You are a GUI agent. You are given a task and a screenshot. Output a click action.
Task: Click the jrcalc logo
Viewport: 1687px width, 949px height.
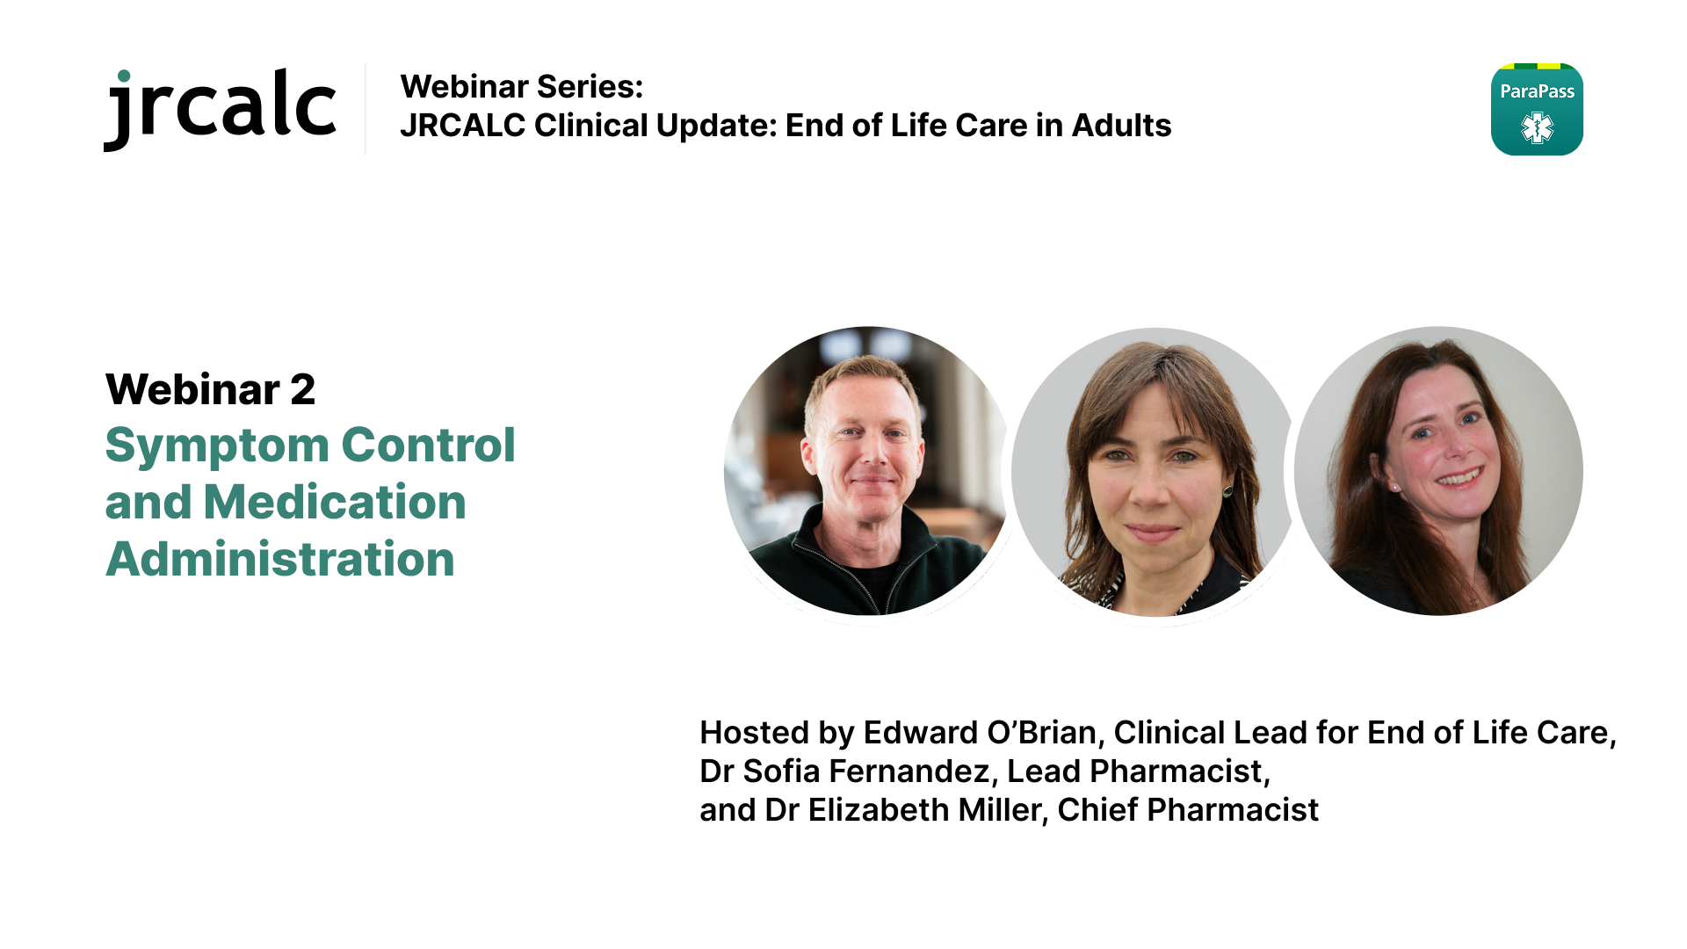click(220, 109)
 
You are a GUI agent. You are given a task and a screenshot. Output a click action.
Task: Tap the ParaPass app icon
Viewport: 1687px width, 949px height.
click(1537, 109)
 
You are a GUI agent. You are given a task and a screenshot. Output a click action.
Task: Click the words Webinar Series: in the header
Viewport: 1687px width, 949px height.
click(522, 87)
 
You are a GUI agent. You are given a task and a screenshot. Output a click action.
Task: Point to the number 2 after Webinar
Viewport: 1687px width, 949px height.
click(302, 389)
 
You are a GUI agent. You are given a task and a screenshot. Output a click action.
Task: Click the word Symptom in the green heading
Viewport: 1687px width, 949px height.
click(217, 446)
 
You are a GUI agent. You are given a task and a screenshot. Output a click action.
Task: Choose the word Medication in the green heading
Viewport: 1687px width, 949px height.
click(335, 503)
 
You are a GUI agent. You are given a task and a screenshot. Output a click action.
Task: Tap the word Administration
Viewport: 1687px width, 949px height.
click(280, 560)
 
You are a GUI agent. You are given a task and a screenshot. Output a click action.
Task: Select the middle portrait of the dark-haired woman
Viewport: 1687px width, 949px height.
click(1155, 472)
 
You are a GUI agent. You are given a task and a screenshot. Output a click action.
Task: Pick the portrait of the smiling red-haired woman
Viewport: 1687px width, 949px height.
click(1438, 471)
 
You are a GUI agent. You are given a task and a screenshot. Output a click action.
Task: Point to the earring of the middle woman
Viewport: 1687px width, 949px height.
click(1227, 490)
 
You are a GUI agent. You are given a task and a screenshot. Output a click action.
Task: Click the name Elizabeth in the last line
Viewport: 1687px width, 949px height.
click(879, 810)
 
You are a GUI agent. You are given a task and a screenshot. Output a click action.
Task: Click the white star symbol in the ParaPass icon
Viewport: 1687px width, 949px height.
click(1537, 128)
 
